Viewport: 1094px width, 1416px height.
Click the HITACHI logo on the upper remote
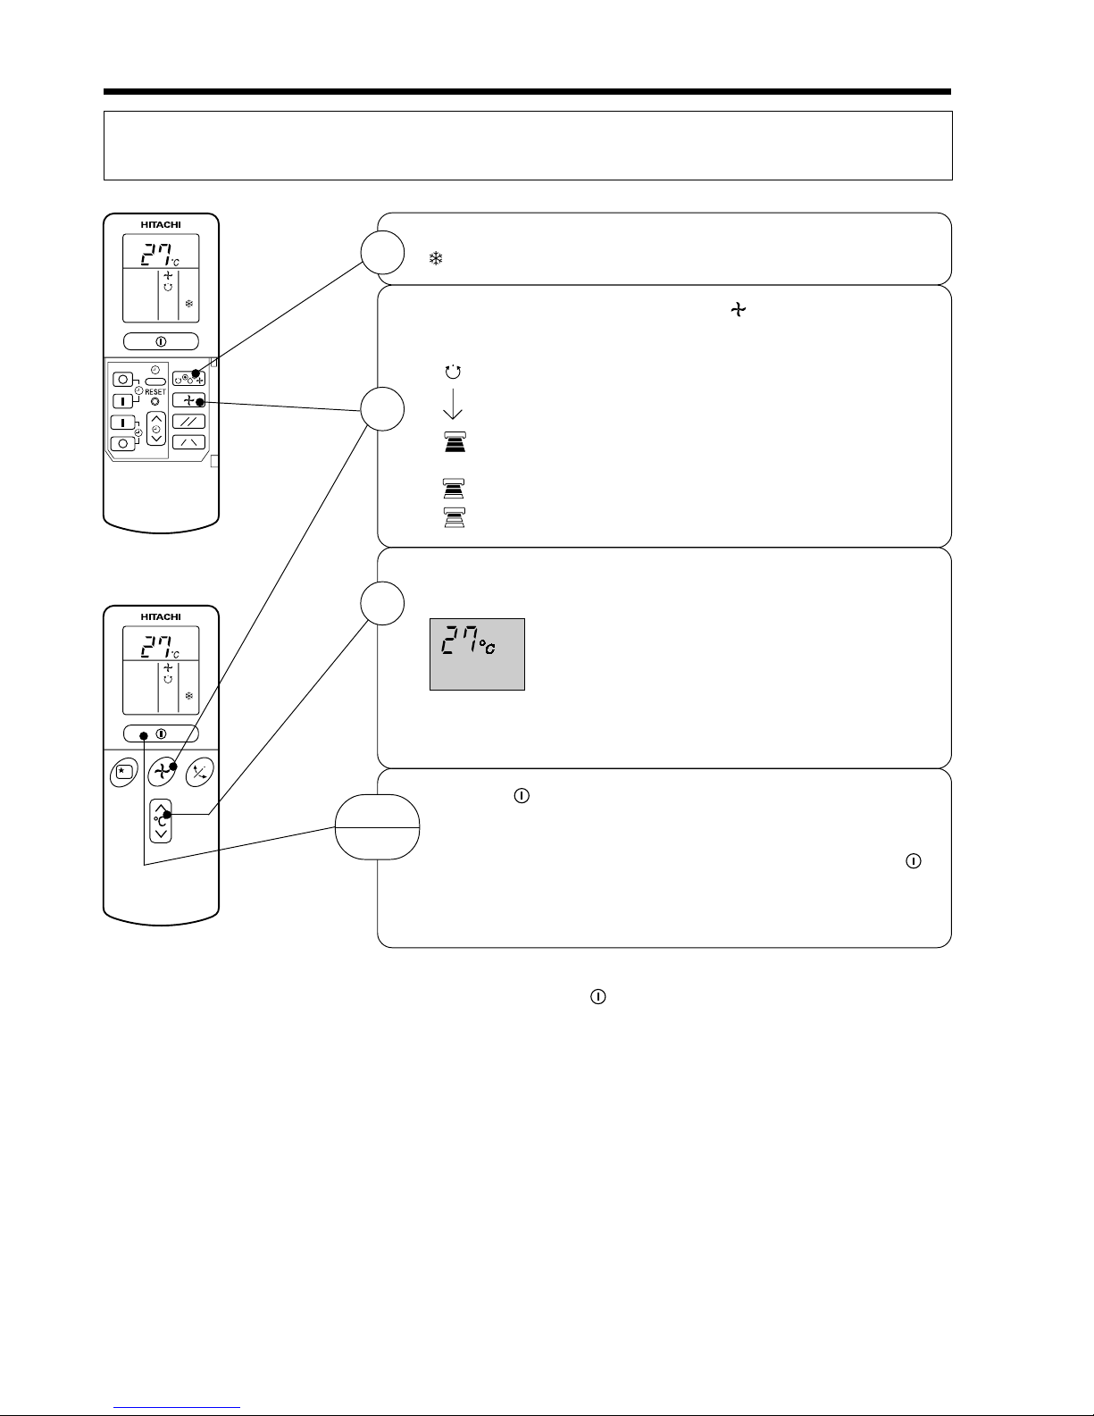tap(161, 225)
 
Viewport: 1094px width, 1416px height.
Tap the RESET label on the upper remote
tap(155, 391)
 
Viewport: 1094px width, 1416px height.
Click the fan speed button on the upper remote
tap(188, 400)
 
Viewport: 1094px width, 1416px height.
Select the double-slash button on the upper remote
tap(188, 422)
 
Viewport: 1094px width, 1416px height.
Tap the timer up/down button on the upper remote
tap(156, 429)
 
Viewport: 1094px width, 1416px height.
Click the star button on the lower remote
tap(124, 773)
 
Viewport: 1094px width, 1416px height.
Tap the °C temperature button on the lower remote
tap(161, 821)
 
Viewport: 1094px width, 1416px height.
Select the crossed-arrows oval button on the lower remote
tap(199, 773)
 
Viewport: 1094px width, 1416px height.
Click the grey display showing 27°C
tap(477, 654)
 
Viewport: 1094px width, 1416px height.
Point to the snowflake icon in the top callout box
tap(436, 259)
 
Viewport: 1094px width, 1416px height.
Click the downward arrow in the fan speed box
tap(453, 404)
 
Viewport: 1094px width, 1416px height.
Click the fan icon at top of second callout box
tap(738, 309)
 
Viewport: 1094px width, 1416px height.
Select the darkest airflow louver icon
tap(455, 442)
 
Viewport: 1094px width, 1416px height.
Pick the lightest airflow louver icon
tap(454, 517)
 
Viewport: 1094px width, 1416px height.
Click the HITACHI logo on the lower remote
tap(161, 617)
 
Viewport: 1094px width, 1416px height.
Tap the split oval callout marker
tap(377, 827)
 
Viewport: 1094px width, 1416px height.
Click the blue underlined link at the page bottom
tap(177, 1405)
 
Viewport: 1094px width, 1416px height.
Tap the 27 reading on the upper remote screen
tap(156, 255)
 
